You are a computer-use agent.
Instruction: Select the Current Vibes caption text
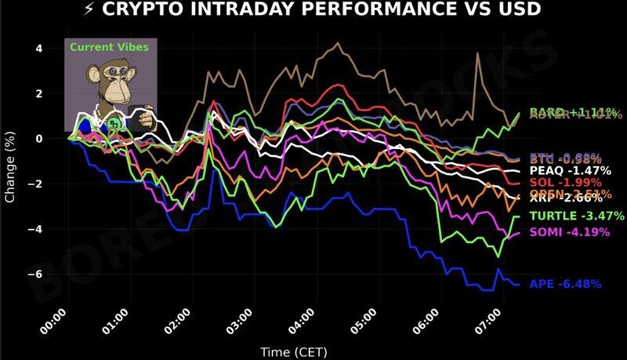109,47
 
